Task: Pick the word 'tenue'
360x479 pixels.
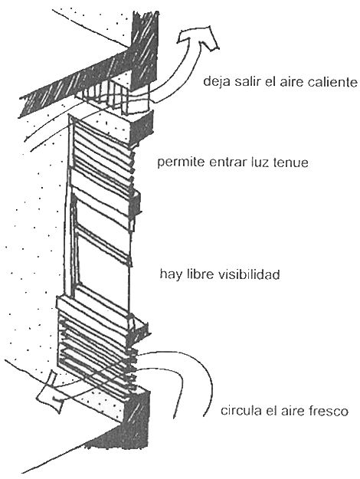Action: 291,162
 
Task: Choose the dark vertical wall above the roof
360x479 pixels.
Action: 144,52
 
